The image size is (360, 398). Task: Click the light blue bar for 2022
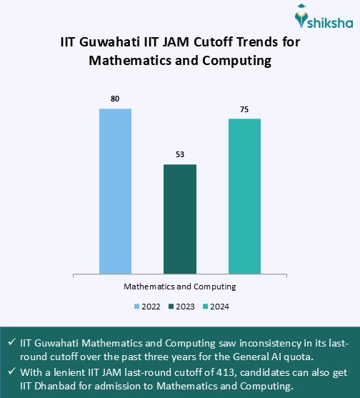pyautogui.click(x=115, y=191)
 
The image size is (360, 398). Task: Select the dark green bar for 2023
pyautogui.click(x=180, y=219)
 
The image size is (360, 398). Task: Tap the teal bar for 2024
pyautogui.click(x=244, y=196)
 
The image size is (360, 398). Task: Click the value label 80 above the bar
pyautogui.click(x=115, y=98)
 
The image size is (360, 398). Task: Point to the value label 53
pyautogui.click(x=180, y=154)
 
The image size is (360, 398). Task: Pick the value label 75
pyautogui.click(x=244, y=109)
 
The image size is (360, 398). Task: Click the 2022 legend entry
pyautogui.click(x=147, y=307)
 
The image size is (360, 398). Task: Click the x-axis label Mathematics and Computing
pyautogui.click(x=180, y=286)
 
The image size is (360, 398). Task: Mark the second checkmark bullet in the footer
pyautogui.click(x=11, y=373)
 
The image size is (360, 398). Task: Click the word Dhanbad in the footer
pyautogui.click(x=55, y=387)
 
